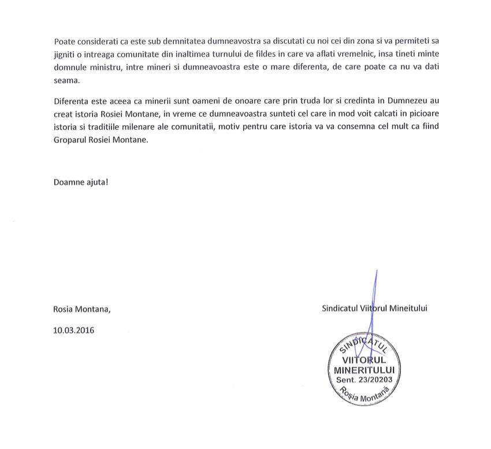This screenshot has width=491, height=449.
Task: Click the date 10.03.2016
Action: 74,331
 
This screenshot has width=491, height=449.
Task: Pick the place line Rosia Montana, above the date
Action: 81,309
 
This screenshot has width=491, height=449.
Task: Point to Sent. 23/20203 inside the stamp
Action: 364,380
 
